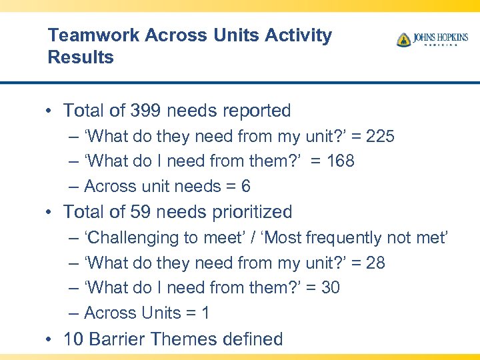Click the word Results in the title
[x=81, y=57]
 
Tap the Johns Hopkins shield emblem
[x=404, y=39]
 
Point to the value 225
[x=380, y=137]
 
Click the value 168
[x=340, y=161]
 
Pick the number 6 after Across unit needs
[x=245, y=187]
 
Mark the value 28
[x=375, y=263]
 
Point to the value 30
[x=330, y=288]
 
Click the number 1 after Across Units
[x=205, y=313]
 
